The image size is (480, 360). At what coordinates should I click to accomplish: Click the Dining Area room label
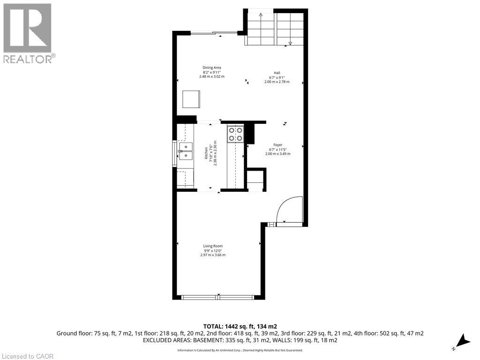(x=211, y=67)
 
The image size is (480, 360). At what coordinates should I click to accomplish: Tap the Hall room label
(x=277, y=73)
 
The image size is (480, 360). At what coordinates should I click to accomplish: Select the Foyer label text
(x=277, y=145)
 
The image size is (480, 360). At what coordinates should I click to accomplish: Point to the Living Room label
(x=213, y=246)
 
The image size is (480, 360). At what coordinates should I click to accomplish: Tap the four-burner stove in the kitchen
(x=235, y=134)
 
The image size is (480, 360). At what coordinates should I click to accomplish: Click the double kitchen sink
(x=186, y=151)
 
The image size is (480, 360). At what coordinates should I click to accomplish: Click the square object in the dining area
(x=191, y=99)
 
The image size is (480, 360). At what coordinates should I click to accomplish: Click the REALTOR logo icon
(x=27, y=28)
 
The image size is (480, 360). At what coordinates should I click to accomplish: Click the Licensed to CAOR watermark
(x=27, y=356)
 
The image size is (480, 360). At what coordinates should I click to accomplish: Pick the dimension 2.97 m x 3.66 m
(x=213, y=255)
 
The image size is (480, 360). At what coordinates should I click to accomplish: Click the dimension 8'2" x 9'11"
(x=211, y=72)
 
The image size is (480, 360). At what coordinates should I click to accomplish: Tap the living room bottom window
(x=218, y=297)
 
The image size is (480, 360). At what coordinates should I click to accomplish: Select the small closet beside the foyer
(x=255, y=180)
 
